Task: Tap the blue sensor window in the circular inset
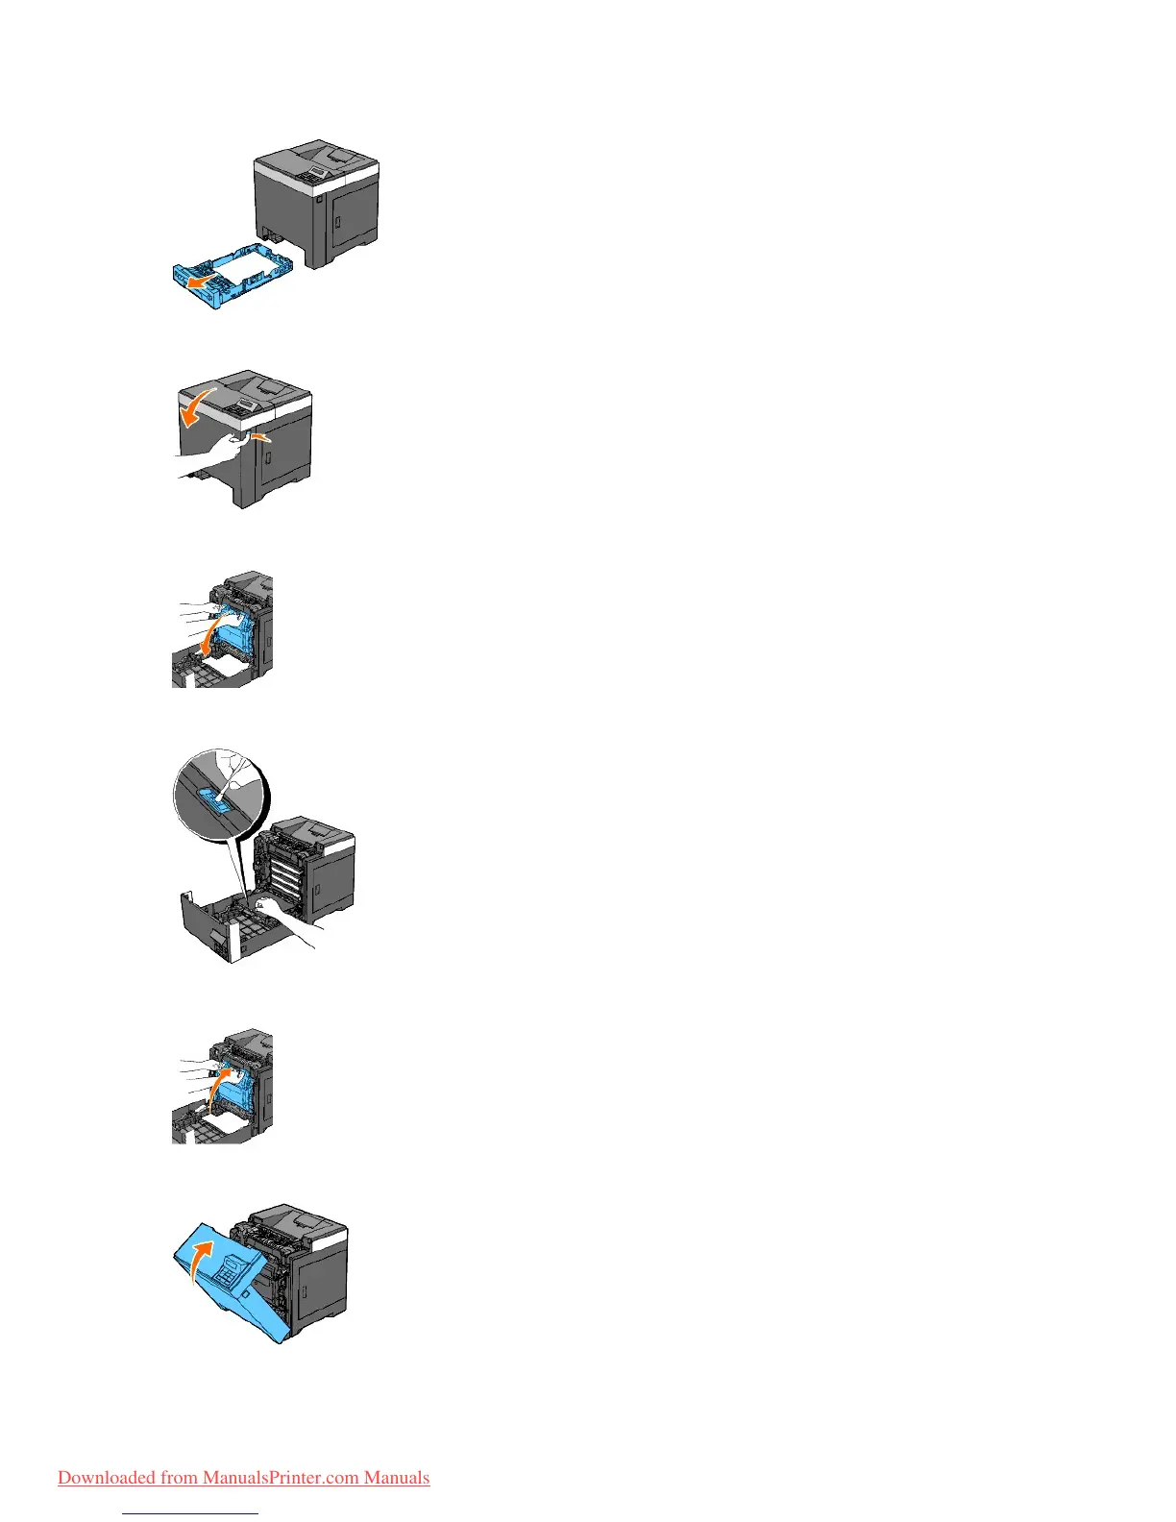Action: pos(218,799)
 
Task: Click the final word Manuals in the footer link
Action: pos(397,1478)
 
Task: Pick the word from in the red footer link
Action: pos(179,1478)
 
